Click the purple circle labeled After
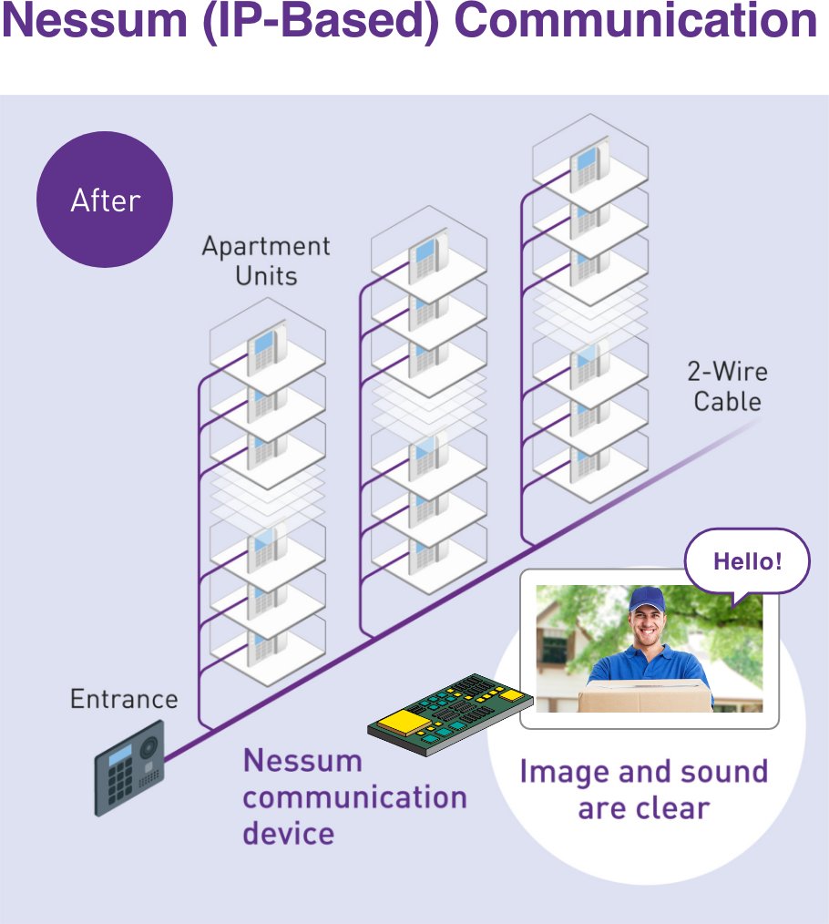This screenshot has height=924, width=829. tap(105, 200)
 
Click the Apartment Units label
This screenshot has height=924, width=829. tap(266, 261)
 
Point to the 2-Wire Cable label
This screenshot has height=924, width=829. tap(727, 386)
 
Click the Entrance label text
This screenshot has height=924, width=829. tap(124, 700)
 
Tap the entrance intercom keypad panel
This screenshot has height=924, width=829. tap(129, 768)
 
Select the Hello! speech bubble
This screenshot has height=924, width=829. tap(747, 561)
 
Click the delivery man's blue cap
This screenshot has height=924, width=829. tap(649, 599)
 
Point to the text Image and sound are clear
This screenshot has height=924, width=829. tap(644, 789)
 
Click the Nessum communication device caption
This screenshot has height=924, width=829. tap(353, 796)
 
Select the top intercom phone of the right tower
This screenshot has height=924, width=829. tap(588, 164)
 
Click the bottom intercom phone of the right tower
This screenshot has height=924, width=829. tap(588, 461)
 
